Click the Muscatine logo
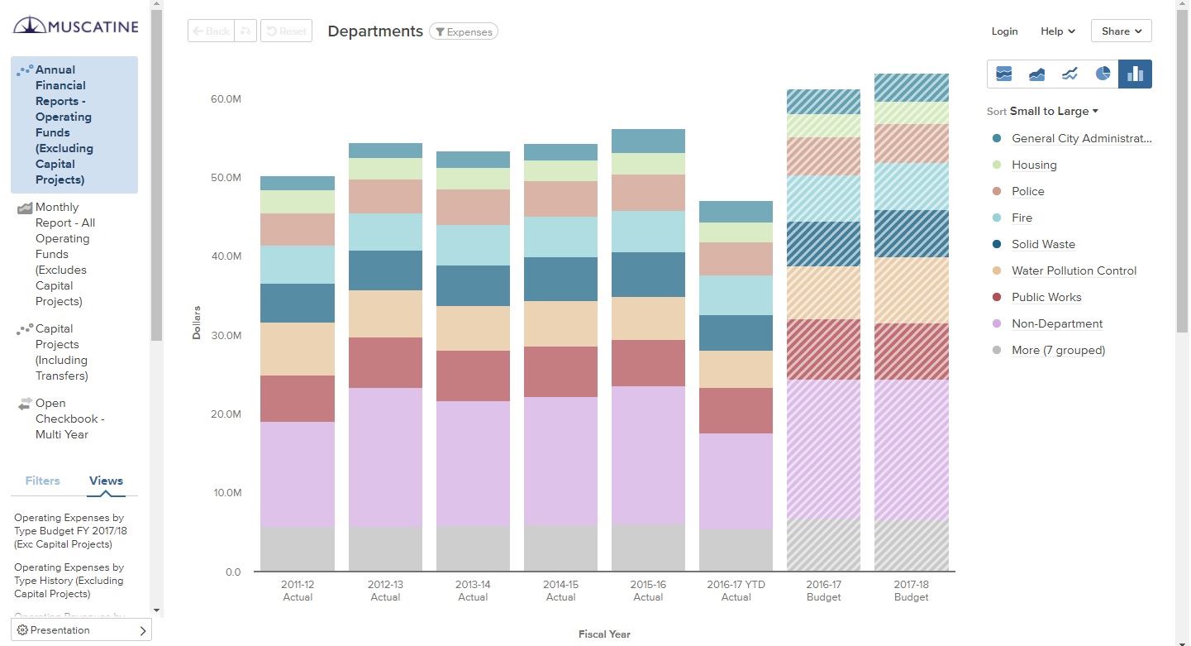[76, 26]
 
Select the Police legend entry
[1027, 191]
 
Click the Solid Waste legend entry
[1043, 244]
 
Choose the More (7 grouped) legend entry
[1058, 350]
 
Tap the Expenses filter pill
[464, 32]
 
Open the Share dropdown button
[1121, 31]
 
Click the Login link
[1004, 31]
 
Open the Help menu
[1057, 31]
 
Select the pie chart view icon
[1103, 74]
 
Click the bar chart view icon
[1135, 74]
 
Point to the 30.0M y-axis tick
[226, 335]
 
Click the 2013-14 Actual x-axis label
[473, 591]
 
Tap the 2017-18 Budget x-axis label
[911, 591]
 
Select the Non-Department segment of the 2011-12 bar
[298, 474]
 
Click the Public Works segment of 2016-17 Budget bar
[823, 349]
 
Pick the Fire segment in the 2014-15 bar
[560, 237]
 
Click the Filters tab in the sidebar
[42, 481]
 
